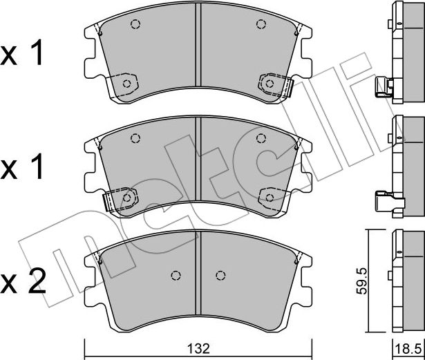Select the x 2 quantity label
pyautogui.click(x=25, y=281)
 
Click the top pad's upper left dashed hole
pyautogui.click(x=135, y=25)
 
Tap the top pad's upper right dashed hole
pyautogui.click(x=261, y=25)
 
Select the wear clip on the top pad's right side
pyautogui.click(x=286, y=86)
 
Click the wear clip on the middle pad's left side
pyautogui.click(x=110, y=201)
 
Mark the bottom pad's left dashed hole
pyautogui.click(x=176, y=274)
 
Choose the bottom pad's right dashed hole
pyautogui.click(x=220, y=274)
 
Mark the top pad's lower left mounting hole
pyautogui.click(x=127, y=83)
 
